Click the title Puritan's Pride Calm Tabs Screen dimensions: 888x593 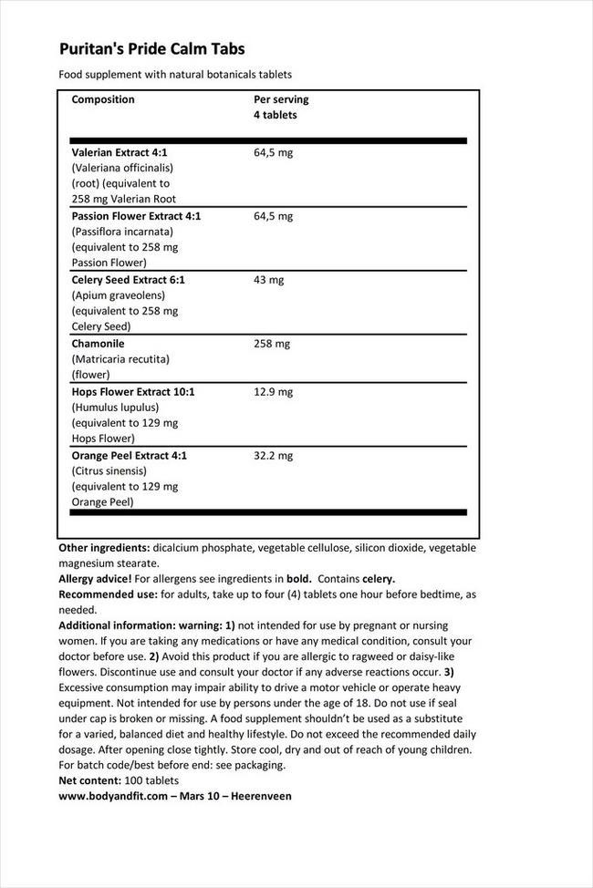151,49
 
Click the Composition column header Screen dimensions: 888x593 103,99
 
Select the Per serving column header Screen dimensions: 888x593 281,99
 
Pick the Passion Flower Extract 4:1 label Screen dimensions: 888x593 136,216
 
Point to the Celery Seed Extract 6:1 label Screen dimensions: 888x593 128,280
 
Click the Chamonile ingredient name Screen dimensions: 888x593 98,344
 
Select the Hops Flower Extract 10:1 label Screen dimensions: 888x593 133,391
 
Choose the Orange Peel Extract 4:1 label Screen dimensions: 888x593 129,455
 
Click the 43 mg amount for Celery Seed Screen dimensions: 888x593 268,280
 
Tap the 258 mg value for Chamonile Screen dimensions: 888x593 271,344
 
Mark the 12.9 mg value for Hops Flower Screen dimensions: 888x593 273,391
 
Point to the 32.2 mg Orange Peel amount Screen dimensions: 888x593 273,455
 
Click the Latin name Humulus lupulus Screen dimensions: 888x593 115,408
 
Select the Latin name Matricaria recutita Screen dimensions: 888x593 120,359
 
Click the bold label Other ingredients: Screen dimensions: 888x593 104,548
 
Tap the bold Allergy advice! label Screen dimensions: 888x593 95,579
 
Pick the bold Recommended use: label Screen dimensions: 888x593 109,594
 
